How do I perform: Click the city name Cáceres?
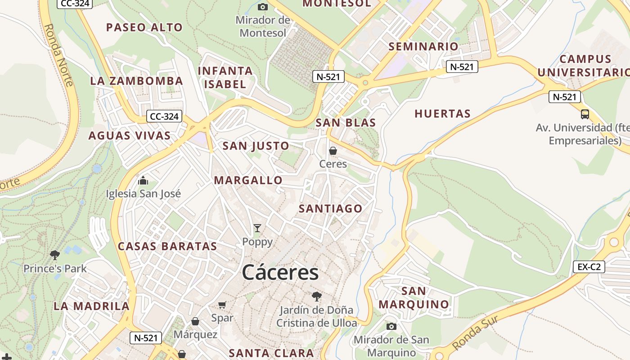point(280,273)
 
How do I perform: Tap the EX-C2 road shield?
point(589,267)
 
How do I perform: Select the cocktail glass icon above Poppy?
point(257,228)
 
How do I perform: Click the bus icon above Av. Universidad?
point(585,114)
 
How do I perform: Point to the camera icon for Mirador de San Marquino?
point(391,326)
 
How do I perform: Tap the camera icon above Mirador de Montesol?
point(263,7)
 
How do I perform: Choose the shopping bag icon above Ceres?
point(333,151)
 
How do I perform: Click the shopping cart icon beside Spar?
point(222,305)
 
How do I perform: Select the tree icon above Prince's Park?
point(55,255)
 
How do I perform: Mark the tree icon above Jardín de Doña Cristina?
point(317,296)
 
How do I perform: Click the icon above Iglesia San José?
point(143,181)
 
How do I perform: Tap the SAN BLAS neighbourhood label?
point(345,123)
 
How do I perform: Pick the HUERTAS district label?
point(442,114)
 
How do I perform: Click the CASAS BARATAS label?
point(167,246)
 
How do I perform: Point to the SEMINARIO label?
point(423,46)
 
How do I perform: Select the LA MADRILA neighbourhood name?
point(91,306)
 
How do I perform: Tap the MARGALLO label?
point(248,180)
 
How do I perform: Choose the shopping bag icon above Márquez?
point(195,321)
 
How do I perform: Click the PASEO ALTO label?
point(144,27)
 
